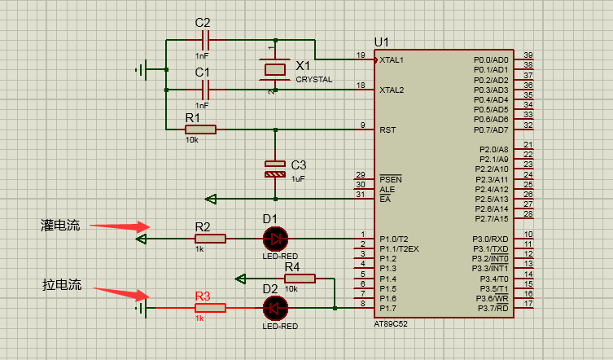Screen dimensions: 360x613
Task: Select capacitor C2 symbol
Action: pyautogui.click(x=204, y=40)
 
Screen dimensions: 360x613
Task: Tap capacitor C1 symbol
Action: pyautogui.click(x=204, y=89)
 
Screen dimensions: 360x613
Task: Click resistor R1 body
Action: pyautogui.click(x=200, y=129)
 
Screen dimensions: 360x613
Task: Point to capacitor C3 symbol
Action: pyautogui.click(x=276, y=169)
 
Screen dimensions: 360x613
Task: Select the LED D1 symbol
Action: pyautogui.click(x=275, y=239)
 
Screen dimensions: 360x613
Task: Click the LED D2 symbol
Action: pyautogui.click(x=275, y=308)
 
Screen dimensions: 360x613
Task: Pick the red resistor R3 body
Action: pyautogui.click(x=210, y=308)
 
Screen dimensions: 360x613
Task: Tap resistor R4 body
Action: pyautogui.click(x=300, y=279)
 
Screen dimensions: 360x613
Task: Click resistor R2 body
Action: pyautogui.click(x=210, y=239)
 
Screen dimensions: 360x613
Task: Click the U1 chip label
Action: pyautogui.click(x=381, y=42)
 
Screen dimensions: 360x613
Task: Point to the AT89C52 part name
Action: pyautogui.click(x=392, y=323)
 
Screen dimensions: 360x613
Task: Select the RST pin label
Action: pyautogui.click(x=388, y=130)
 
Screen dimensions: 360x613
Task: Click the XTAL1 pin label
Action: pyautogui.click(x=392, y=60)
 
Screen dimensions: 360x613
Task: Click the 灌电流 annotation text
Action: pyautogui.click(x=61, y=226)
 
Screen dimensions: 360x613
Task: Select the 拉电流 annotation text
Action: pyautogui.click(x=62, y=285)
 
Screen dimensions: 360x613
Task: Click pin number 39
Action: pyautogui.click(x=528, y=55)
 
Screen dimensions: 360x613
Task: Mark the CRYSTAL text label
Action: pyautogui.click(x=314, y=79)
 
